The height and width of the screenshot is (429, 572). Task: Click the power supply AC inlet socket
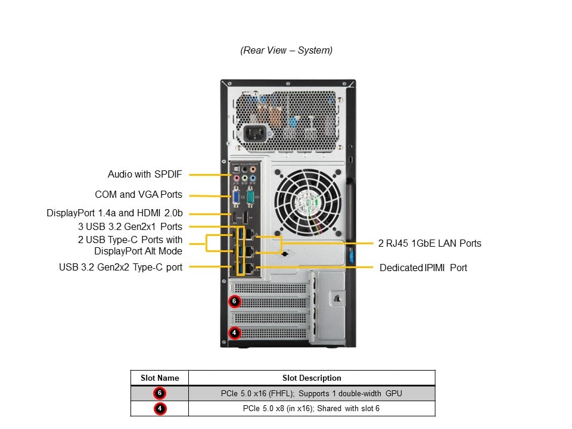click(254, 132)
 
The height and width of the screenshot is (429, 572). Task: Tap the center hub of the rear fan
click(309, 201)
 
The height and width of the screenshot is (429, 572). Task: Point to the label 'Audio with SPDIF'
click(145, 175)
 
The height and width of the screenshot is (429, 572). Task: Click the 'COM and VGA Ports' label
click(138, 195)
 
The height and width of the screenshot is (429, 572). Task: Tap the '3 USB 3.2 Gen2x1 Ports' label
click(130, 226)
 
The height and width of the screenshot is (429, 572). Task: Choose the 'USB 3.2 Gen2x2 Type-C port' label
click(120, 267)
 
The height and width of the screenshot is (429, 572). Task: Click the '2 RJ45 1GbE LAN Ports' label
click(430, 243)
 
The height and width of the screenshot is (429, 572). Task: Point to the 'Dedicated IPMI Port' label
click(423, 268)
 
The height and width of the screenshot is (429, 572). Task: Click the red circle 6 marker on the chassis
click(234, 301)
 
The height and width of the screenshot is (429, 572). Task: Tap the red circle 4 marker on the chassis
click(234, 332)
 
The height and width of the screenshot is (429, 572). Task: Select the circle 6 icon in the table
click(159, 393)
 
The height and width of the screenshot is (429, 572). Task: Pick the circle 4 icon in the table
click(159, 409)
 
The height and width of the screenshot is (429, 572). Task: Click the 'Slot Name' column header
click(160, 378)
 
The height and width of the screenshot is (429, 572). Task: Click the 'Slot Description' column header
click(312, 378)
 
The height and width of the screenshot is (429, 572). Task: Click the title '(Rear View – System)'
click(286, 51)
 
